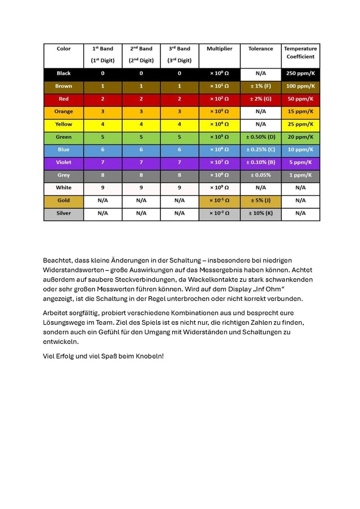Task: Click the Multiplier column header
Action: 219,49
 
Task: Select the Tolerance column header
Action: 260,49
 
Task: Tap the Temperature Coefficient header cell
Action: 301,53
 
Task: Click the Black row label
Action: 63,74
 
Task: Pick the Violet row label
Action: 63,162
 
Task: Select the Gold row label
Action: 63,200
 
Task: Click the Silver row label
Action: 63,213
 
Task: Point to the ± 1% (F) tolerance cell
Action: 260,87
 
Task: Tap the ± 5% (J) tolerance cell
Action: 260,200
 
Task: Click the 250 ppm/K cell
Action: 301,74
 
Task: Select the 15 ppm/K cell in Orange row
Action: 301,111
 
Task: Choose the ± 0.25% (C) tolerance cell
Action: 260,150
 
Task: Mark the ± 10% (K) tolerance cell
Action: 260,213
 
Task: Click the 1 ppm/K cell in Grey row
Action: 301,175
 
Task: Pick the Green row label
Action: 63,137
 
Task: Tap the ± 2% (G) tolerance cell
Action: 260,99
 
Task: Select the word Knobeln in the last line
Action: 147,356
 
